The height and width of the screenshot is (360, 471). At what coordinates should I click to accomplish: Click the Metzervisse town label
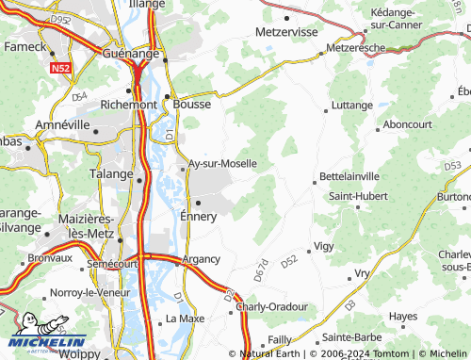click(x=284, y=31)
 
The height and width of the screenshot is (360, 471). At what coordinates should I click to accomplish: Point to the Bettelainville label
click(x=349, y=175)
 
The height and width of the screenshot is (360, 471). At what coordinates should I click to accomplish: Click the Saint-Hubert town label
click(x=357, y=196)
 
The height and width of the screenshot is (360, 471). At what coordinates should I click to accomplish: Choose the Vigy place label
click(x=323, y=245)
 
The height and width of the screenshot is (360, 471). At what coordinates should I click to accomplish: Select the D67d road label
click(x=261, y=268)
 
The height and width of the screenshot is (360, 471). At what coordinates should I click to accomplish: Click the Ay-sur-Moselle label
click(x=222, y=163)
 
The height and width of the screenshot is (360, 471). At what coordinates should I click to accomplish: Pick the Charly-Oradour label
click(x=272, y=306)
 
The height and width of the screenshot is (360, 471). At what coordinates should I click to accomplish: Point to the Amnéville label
click(x=61, y=124)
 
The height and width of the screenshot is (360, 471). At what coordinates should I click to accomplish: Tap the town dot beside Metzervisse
click(x=285, y=17)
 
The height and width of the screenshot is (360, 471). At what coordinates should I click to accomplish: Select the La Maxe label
click(x=185, y=319)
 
